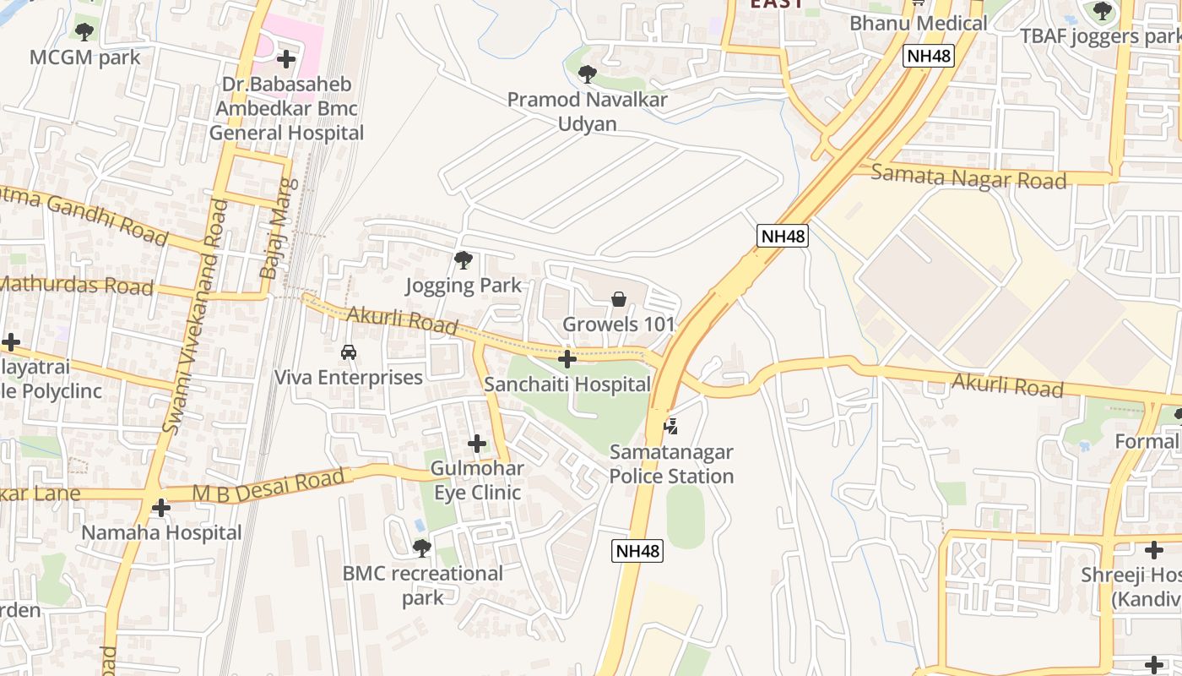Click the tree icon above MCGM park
[84, 32]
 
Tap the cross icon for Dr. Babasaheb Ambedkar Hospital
[286, 59]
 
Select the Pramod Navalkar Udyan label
[587, 112]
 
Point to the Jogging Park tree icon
[463, 260]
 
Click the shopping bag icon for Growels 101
[619, 299]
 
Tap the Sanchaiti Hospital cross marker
[567, 360]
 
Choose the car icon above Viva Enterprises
[348, 352]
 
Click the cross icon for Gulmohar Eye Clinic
[477, 443]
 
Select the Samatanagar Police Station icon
[670, 426]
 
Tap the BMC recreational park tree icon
[422, 548]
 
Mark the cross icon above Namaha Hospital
[160, 508]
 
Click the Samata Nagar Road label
[968, 177]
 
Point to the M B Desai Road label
[268, 485]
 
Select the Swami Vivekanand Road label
[195, 317]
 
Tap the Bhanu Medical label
[918, 23]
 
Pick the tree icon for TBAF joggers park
[1102, 12]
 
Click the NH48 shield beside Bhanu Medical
[929, 57]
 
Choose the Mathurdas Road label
[76, 285]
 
